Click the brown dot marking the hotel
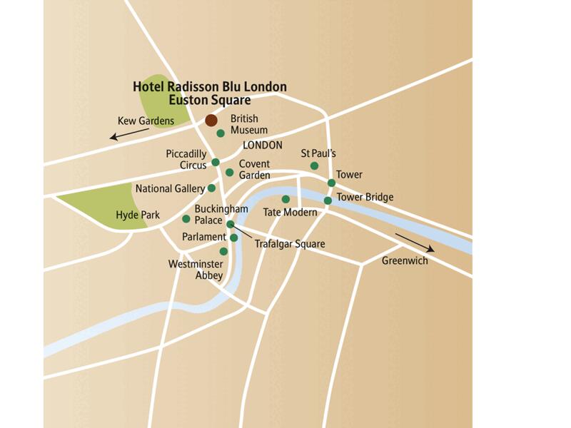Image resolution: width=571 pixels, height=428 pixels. pyautogui.click(x=211, y=121)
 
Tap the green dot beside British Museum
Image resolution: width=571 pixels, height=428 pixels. pyautogui.click(x=221, y=133)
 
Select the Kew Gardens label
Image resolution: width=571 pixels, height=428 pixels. pyautogui.click(x=146, y=121)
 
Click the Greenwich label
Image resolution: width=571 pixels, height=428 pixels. pyautogui.click(x=405, y=261)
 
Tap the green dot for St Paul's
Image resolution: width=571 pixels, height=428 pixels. pyautogui.click(x=314, y=166)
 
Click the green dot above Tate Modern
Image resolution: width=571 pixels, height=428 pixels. pyautogui.click(x=285, y=199)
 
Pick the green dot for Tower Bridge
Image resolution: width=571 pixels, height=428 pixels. pyautogui.click(x=328, y=200)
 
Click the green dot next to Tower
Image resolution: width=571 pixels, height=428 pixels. pyautogui.click(x=331, y=183)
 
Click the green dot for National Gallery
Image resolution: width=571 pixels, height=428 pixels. pyautogui.click(x=211, y=188)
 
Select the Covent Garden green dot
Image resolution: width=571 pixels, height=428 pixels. pyautogui.click(x=229, y=172)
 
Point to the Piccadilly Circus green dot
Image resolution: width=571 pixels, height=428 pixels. pyautogui.click(x=216, y=162)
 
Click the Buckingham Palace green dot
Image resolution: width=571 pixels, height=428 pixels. pyautogui.click(x=186, y=219)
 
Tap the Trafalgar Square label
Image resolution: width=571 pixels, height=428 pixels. pyautogui.click(x=290, y=244)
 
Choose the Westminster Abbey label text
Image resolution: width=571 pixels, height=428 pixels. pyautogui.click(x=196, y=270)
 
